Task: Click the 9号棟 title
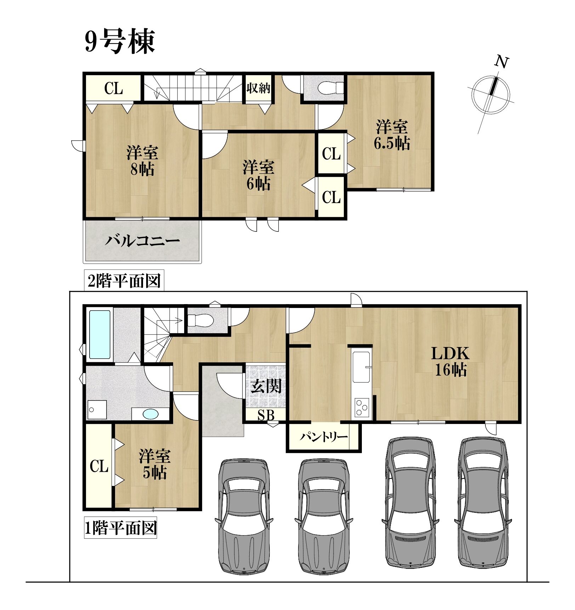pyautogui.click(x=120, y=41)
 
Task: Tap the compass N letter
pyautogui.click(x=502, y=62)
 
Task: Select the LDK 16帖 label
pyautogui.click(x=450, y=362)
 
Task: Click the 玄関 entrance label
pyautogui.click(x=266, y=386)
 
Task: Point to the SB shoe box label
pyautogui.click(x=266, y=415)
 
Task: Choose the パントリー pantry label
pyautogui.click(x=324, y=437)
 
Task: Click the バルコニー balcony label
pyautogui.click(x=142, y=241)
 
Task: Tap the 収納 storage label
pyautogui.click(x=258, y=88)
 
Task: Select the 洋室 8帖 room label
pyautogui.click(x=142, y=161)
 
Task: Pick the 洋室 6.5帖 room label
pyautogui.click(x=392, y=135)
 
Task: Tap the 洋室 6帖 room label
pyautogui.click(x=258, y=175)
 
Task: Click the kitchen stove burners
pyautogui.click(x=362, y=408)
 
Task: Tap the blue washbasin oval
pyautogui.click(x=150, y=414)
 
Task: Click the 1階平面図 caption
pyautogui.click(x=120, y=528)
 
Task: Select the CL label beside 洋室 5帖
pyautogui.click(x=99, y=466)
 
